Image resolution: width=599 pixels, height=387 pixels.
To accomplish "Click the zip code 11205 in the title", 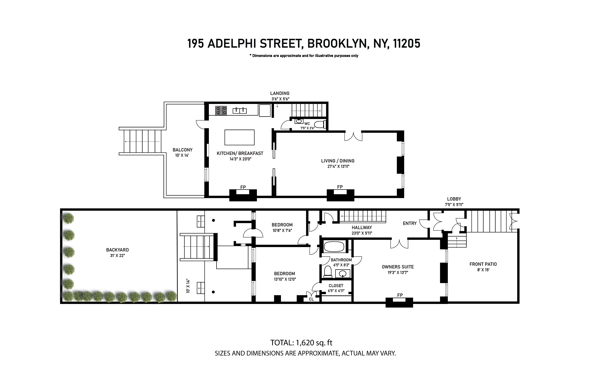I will point(406,44).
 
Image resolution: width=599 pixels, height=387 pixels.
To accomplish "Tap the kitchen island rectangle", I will point(239,137).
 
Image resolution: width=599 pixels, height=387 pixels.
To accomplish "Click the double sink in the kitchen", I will point(239,111).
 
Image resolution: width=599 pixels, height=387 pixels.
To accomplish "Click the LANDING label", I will point(280,93).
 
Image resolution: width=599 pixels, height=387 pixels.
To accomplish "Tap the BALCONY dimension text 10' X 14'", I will point(182,155).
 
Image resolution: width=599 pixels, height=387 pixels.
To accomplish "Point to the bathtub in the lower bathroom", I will point(334,247).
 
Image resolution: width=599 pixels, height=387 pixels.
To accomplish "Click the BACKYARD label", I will point(117,250).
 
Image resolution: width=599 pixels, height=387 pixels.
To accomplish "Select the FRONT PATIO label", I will point(483,264).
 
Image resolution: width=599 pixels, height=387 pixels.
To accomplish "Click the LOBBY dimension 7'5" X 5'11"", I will point(454,205).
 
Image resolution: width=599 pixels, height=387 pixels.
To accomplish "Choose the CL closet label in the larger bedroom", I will point(311,299).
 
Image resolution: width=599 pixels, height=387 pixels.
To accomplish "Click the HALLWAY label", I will point(361,227).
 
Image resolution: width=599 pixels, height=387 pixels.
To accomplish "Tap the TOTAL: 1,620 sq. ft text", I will point(301,343).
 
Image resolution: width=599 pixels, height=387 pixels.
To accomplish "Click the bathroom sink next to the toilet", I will point(342,274).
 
